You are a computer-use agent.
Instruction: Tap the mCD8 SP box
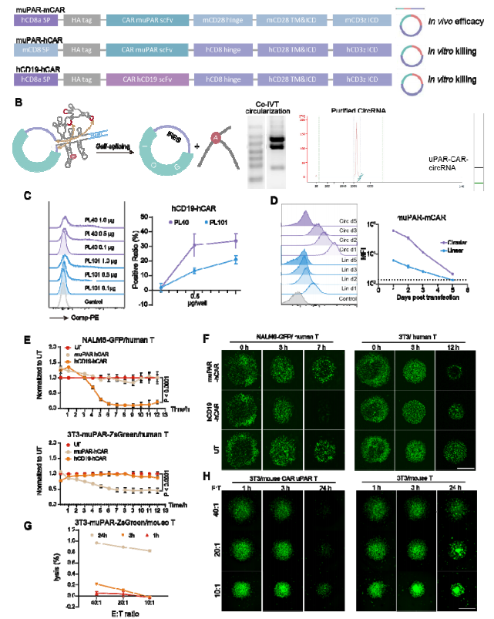tap(35, 49)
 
